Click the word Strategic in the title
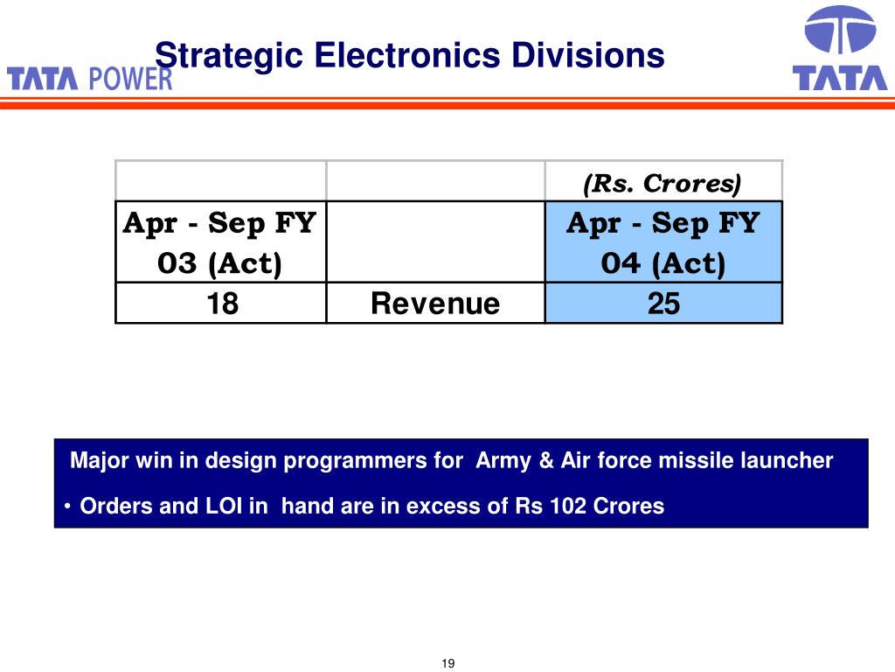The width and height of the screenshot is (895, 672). pyautogui.click(x=229, y=56)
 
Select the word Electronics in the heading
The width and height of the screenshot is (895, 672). pyautogui.click(x=407, y=55)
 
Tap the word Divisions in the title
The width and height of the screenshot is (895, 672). pyautogui.click(x=588, y=55)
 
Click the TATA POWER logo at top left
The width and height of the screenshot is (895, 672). pyautogui.click(x=90, y=79)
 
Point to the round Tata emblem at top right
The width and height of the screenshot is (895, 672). pyautogui.click(x=840, y=30)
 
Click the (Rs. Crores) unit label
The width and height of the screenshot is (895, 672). pyautogui.click(x=663, y=184)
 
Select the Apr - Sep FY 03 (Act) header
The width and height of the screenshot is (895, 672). pyautogui.click(x=219, y=243)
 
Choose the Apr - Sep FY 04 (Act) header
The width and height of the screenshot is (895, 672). pyautogui.click(x=663, y=243)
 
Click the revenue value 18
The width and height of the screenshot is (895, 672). pyautogui.click(x=222, y=303)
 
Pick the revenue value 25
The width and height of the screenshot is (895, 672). pyautogui.click(x=663, y=303)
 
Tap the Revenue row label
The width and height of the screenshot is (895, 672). pyautogui.click(x=435, y=303)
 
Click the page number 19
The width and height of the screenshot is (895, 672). pyautogui.click(x=448, y=663)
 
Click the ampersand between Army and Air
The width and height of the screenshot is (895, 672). pyautogui.click(x=546, y=460)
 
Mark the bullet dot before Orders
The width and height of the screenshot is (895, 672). pyautogui.click(x=67, y=507)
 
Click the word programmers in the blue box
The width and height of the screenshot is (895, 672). pyautogui.click(x=373, y=461)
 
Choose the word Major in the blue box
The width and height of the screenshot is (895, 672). pyautogui.click(x=100, y=460)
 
